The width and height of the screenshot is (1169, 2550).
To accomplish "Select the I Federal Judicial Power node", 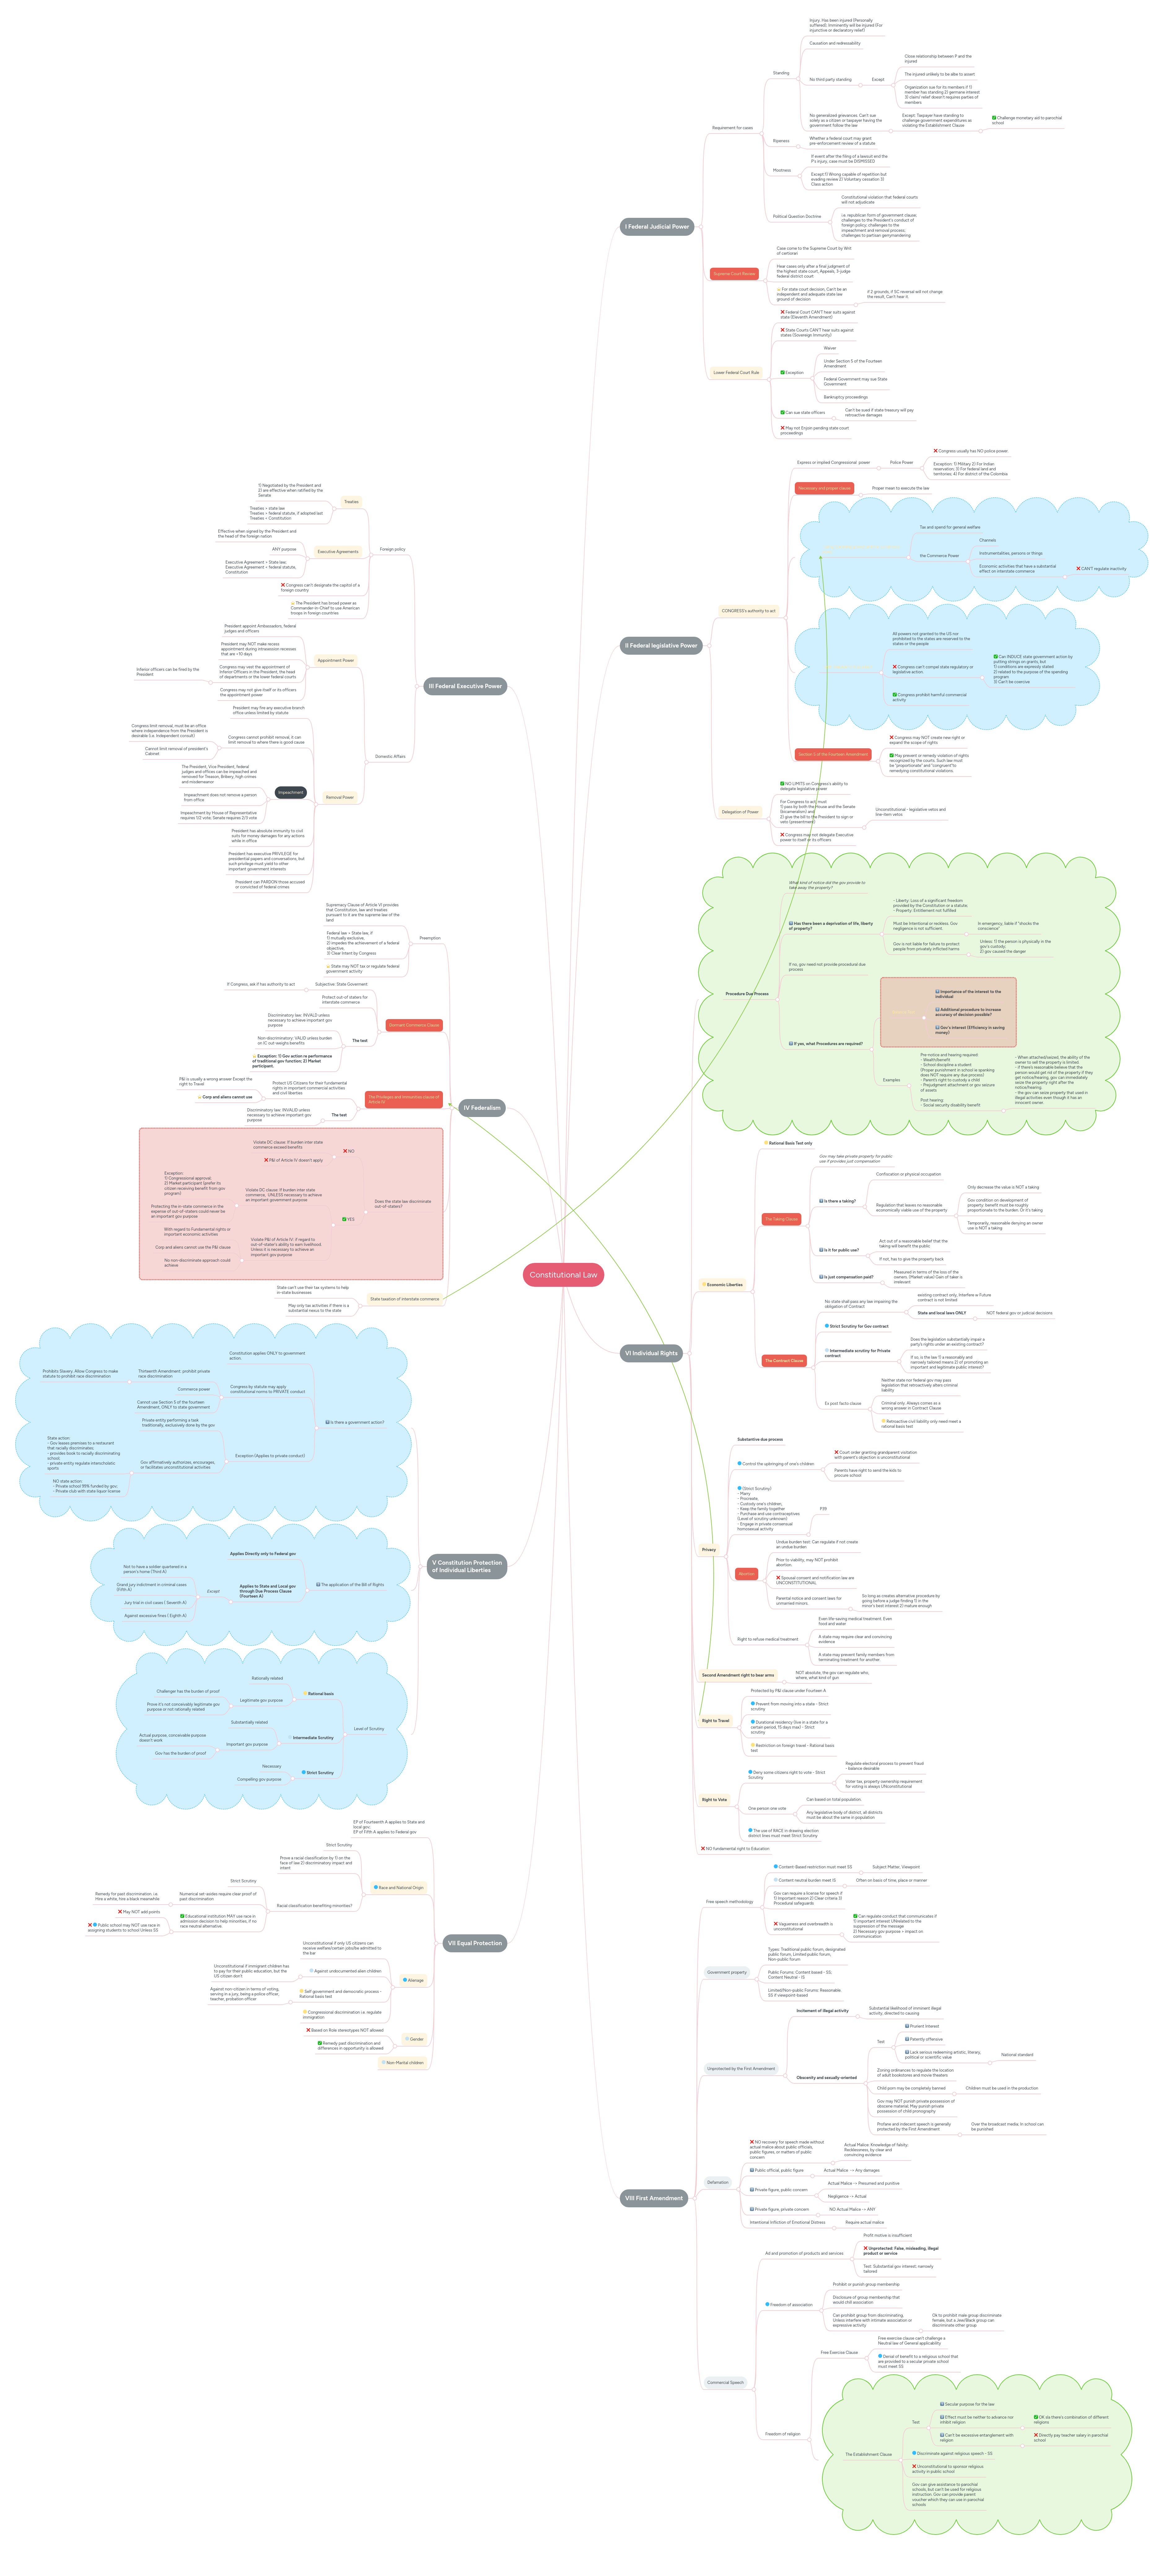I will (x=656, y=227).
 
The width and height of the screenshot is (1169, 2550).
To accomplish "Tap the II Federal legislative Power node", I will (x=660, y=645).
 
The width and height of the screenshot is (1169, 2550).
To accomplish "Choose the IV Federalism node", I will (x=482, y=1108).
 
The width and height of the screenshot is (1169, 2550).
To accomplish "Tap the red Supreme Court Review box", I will (x=734, y=273).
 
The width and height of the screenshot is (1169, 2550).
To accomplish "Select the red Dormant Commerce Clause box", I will (x=414, y=1025).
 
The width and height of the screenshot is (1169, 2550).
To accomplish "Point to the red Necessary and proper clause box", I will (x=824, y=488).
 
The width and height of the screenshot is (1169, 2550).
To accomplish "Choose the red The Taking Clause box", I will (x=781, y=1219).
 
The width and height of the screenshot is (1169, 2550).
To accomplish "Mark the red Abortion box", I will (x=746, y=1573).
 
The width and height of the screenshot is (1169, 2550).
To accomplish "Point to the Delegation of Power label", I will (x=739, y=812).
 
